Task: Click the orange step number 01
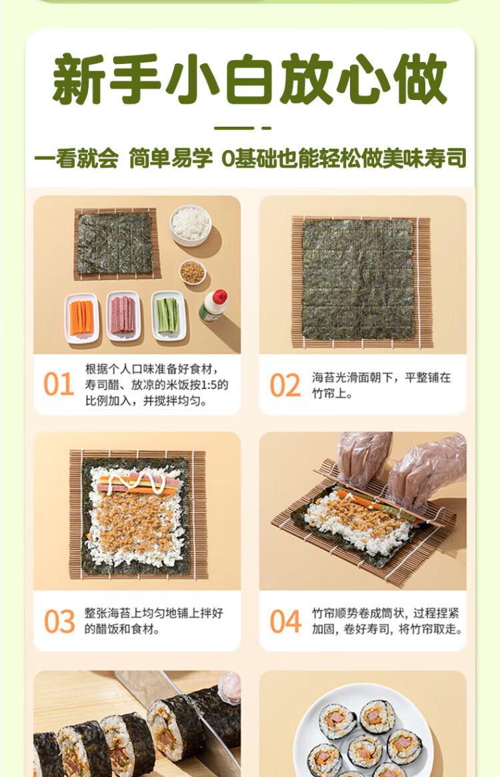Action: [59, 384]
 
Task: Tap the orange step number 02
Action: [285, 385]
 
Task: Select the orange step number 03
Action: [59, 622]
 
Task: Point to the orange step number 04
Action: [285, 622]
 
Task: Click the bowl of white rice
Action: [191, 225]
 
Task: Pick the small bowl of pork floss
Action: [192, 272]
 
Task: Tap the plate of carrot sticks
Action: [82, 318]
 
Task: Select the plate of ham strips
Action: [123, 315]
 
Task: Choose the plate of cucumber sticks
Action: [169, 315]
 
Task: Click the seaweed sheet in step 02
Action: [358, 279]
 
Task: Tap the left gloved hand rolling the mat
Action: [363, 458]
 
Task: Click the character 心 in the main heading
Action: [363, 79]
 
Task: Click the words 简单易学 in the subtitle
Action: [171, 159]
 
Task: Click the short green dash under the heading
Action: [267, 128]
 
